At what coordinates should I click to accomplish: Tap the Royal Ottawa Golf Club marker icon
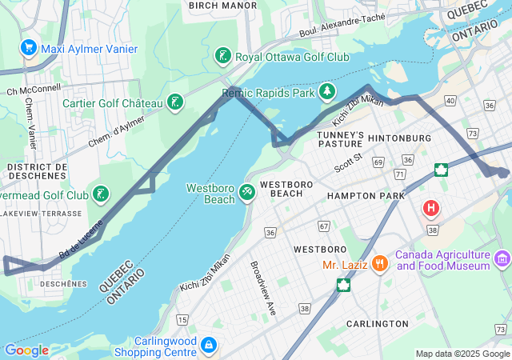pos(223,57)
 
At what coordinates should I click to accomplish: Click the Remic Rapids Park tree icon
pos(327,93)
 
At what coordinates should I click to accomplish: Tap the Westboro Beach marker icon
pos(248,193)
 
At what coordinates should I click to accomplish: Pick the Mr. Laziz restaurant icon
pos(379,262)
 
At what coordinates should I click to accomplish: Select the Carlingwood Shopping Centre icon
pos(208,345)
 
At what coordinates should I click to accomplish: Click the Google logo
pos(26,350)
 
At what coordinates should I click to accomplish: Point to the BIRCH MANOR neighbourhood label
pos(222,6)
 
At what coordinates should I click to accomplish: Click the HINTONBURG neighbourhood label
pos(399,138)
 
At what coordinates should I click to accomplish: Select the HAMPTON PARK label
pos(366,196)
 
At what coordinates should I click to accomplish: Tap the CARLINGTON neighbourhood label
pos(377,323)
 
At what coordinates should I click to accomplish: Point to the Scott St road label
pos(349,162)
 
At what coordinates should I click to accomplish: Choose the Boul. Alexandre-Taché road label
pos(342,25)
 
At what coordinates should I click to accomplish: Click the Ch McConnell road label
pos(34,90)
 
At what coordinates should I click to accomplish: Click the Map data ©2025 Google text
pos(462,354)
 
